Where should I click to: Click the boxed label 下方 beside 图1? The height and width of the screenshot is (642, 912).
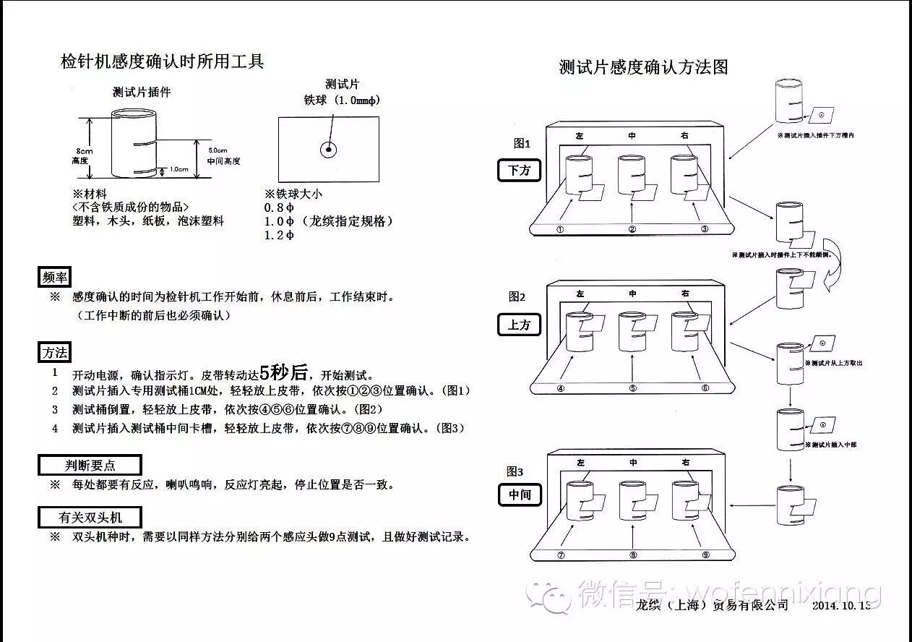click(520, 171)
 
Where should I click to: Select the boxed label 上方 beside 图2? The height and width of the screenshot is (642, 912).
click(519, 325)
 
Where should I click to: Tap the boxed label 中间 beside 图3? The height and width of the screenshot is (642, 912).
click(519, 495)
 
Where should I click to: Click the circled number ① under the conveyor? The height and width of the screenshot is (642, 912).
click(560, 229)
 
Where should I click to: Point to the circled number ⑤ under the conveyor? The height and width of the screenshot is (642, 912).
click(633, 388)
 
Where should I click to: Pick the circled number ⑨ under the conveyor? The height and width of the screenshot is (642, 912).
click(706, 556)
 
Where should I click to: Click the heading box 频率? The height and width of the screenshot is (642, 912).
click(55, 276)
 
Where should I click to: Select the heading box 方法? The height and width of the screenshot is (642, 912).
click(55, 353)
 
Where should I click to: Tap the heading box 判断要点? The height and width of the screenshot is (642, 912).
click(90, 466)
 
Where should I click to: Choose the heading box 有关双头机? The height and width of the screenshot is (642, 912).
click(90, 518)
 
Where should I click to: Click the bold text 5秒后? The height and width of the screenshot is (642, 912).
click(283, 373)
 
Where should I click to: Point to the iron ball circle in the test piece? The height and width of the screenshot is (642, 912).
click(329, 150)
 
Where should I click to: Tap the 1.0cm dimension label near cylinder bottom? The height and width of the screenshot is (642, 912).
click(178, 170)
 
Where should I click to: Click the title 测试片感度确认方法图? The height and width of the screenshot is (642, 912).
click(643, 68)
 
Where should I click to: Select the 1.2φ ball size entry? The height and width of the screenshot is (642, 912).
click(280, 236)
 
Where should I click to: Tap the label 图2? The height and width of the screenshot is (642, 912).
click(517, 296)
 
